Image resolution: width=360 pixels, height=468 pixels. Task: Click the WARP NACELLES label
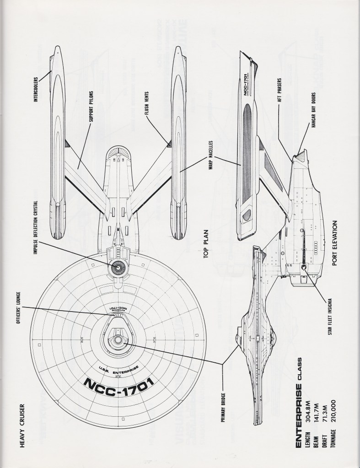[209, 154]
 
